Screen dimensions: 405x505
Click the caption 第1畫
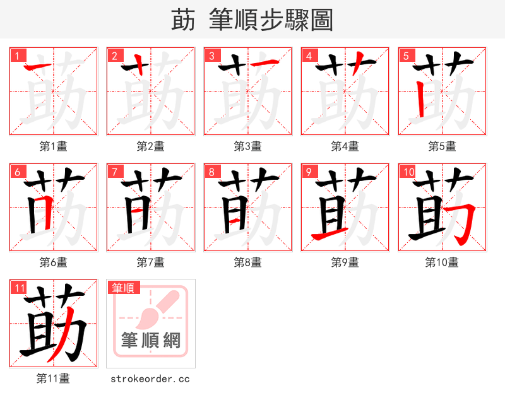point(53,146)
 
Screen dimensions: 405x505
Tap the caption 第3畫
point(247,146)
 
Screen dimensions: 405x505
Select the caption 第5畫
point(442,146)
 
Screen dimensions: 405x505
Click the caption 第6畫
point(53,262)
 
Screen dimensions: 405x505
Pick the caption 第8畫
point(247,262)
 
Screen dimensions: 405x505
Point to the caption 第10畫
point(442,262)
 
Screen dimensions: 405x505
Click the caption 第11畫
point(53,379)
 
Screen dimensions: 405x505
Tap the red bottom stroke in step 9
point(328,235)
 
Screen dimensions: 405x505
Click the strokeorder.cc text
point(150,379)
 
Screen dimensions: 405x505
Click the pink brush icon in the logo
point(155,309)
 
